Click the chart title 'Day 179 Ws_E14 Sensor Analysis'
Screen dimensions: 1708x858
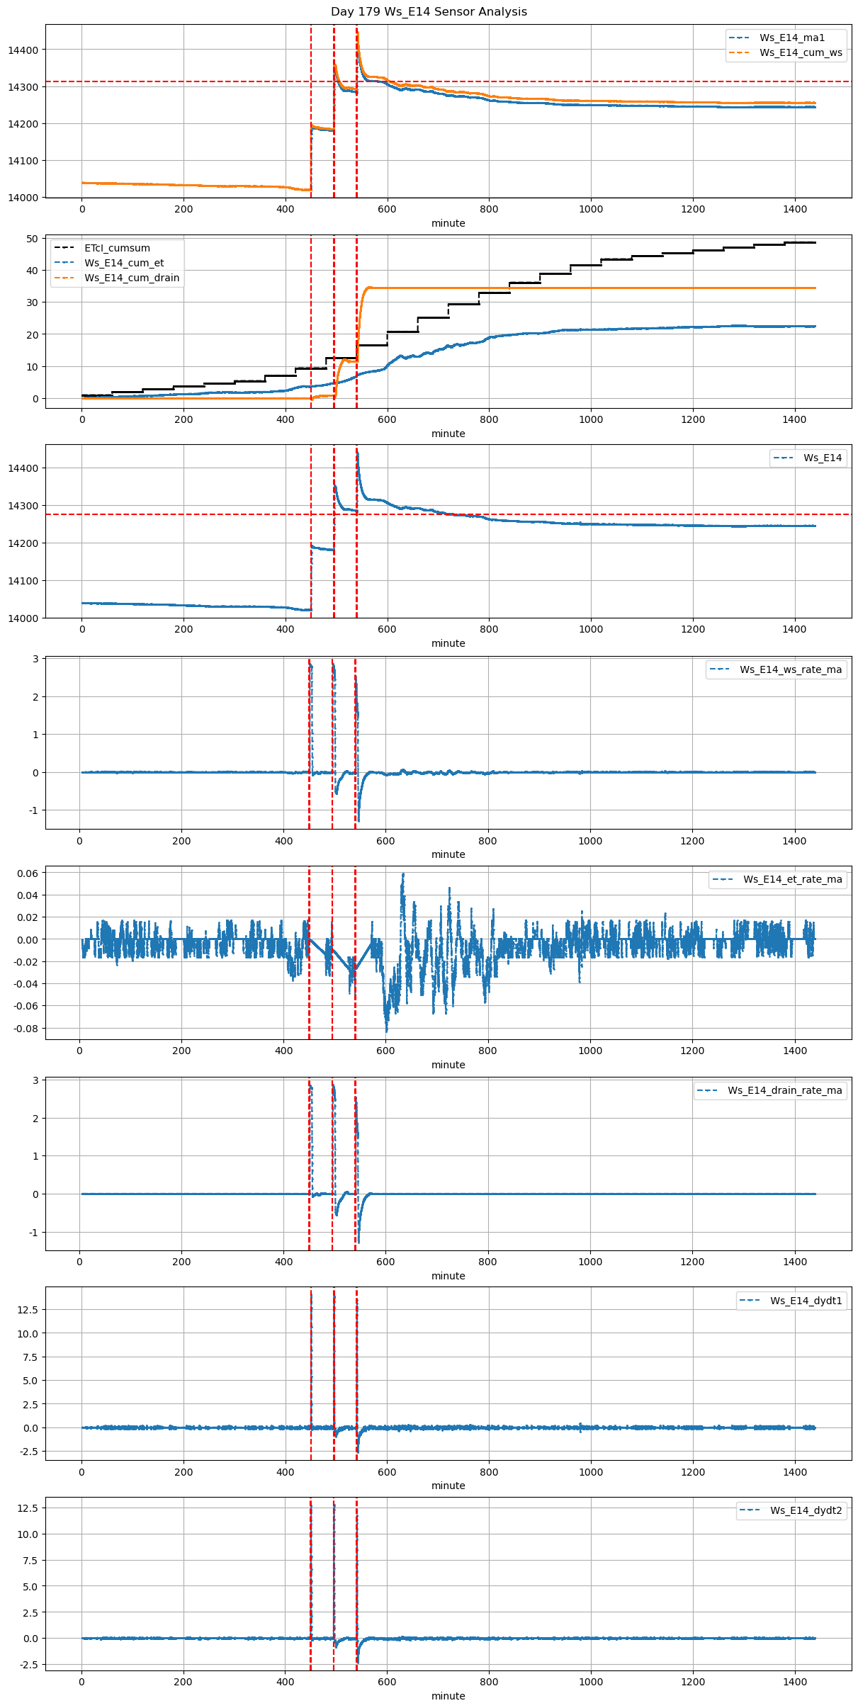point(429,11)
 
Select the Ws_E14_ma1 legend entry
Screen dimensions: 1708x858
point(792,38)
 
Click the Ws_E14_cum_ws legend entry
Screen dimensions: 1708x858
point(801,52)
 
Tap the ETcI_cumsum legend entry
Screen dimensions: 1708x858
point(117,248)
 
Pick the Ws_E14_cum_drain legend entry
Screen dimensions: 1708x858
point(132,278)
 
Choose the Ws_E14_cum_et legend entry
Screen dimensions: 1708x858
point(124,263)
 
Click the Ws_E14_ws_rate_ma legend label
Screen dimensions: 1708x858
point(791,669)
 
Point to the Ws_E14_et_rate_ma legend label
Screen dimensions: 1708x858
point(793,879)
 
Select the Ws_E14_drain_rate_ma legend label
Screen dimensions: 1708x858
point(785,1090)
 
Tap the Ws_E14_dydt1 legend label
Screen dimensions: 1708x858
point(806,1301)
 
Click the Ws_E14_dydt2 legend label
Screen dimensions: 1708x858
point(806,1510)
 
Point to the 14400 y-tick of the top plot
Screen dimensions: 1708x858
point(23,50)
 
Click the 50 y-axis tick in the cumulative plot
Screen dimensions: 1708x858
point(33,239)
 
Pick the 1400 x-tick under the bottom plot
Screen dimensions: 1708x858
point(795,1682)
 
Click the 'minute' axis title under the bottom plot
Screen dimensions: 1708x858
point(448,1696)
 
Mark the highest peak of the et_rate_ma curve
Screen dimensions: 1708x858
point(403,874)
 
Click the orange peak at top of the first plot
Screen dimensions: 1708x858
point(357,30)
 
